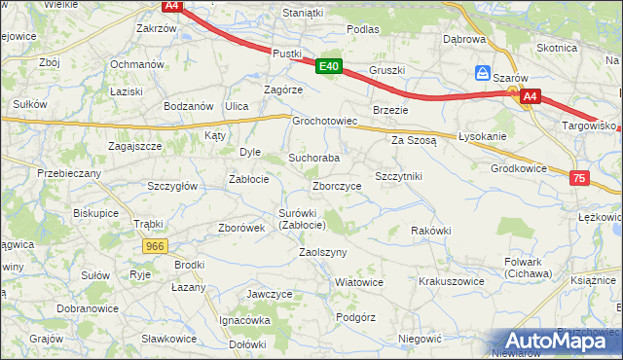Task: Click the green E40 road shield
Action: (329, 66)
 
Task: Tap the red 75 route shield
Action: (580, 178)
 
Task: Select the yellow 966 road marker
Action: (154, 247)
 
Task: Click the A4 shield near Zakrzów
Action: (171, 6)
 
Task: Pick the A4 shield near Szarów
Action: (530, 96)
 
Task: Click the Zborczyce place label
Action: (338, 186)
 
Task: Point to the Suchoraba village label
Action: (314, 158)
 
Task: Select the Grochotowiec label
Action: (326, 123)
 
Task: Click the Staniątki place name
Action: (302, 13)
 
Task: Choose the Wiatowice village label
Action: (358, 282)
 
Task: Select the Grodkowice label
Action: (519, 167)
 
